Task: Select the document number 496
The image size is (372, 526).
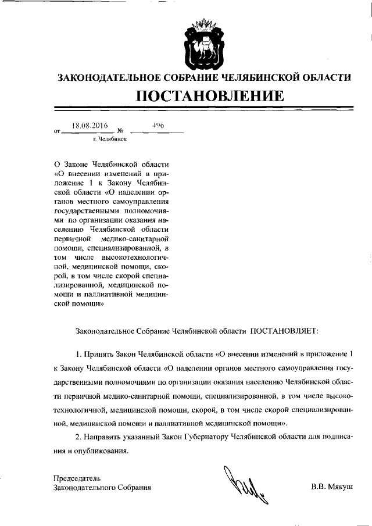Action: [158, 125]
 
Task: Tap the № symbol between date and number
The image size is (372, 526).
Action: [120, 131]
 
